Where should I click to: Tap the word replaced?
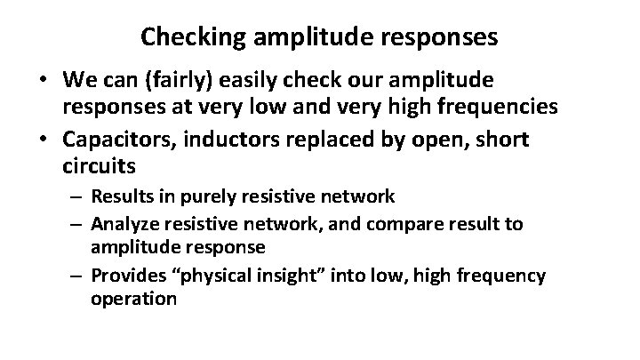coord(331,140)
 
